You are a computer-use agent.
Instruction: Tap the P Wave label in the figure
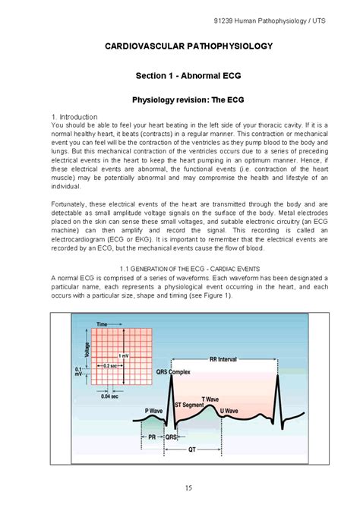click(154, 411)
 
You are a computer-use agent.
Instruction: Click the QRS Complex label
click(174, 373)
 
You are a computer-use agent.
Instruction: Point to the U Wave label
click(229, 411)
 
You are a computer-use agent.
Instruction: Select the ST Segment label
click(189, 405)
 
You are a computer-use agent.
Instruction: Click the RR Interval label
click(225, 359)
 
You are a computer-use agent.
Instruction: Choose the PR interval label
click(152, 437)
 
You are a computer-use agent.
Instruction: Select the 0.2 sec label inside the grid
click(110, 366)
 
